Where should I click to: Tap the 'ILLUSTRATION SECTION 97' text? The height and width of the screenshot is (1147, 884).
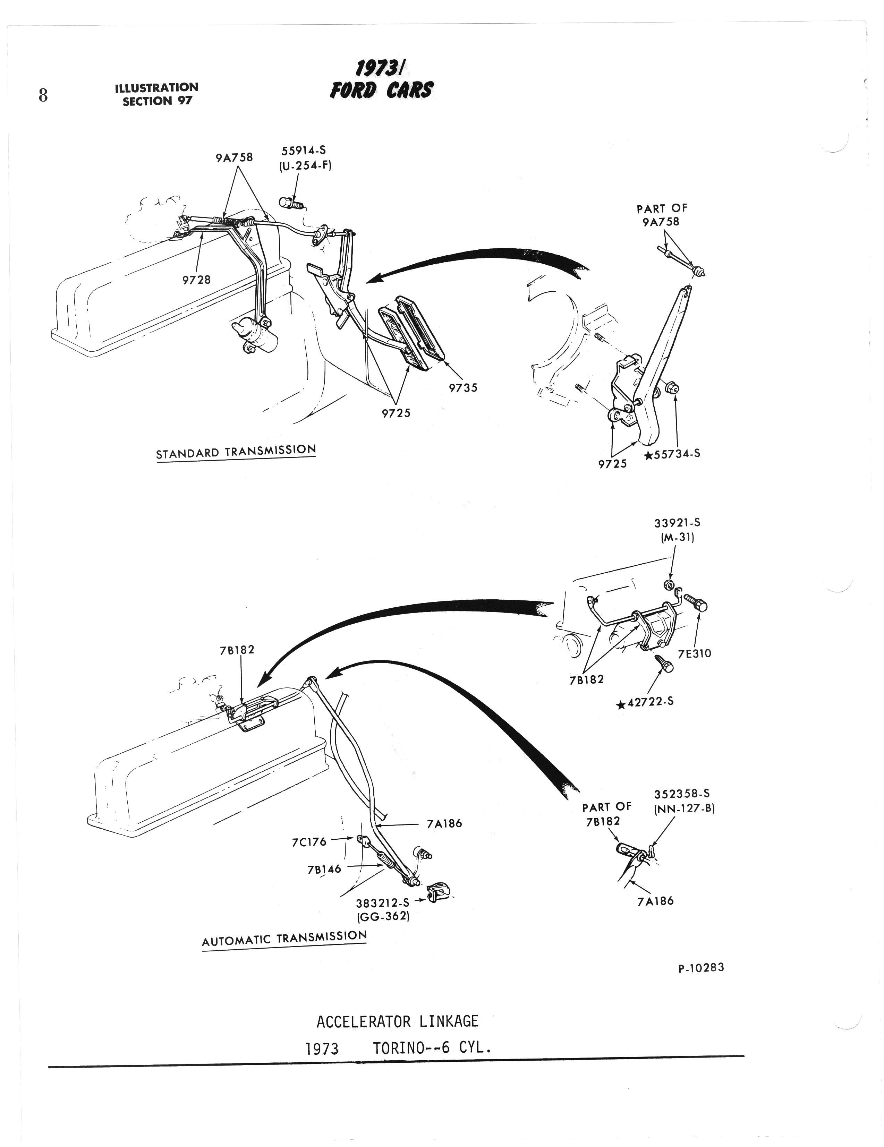click(x=156, y=94)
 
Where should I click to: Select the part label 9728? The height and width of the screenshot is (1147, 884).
click(x=196, y=280)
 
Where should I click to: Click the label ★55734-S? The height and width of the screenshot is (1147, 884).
click(x=672, y=454)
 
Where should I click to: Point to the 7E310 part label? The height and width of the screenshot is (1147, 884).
click(x=695, y=653)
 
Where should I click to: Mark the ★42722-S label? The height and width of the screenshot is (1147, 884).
click(x=646, y=702)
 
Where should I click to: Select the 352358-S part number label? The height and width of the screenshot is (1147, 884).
click(x=682, y=794)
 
